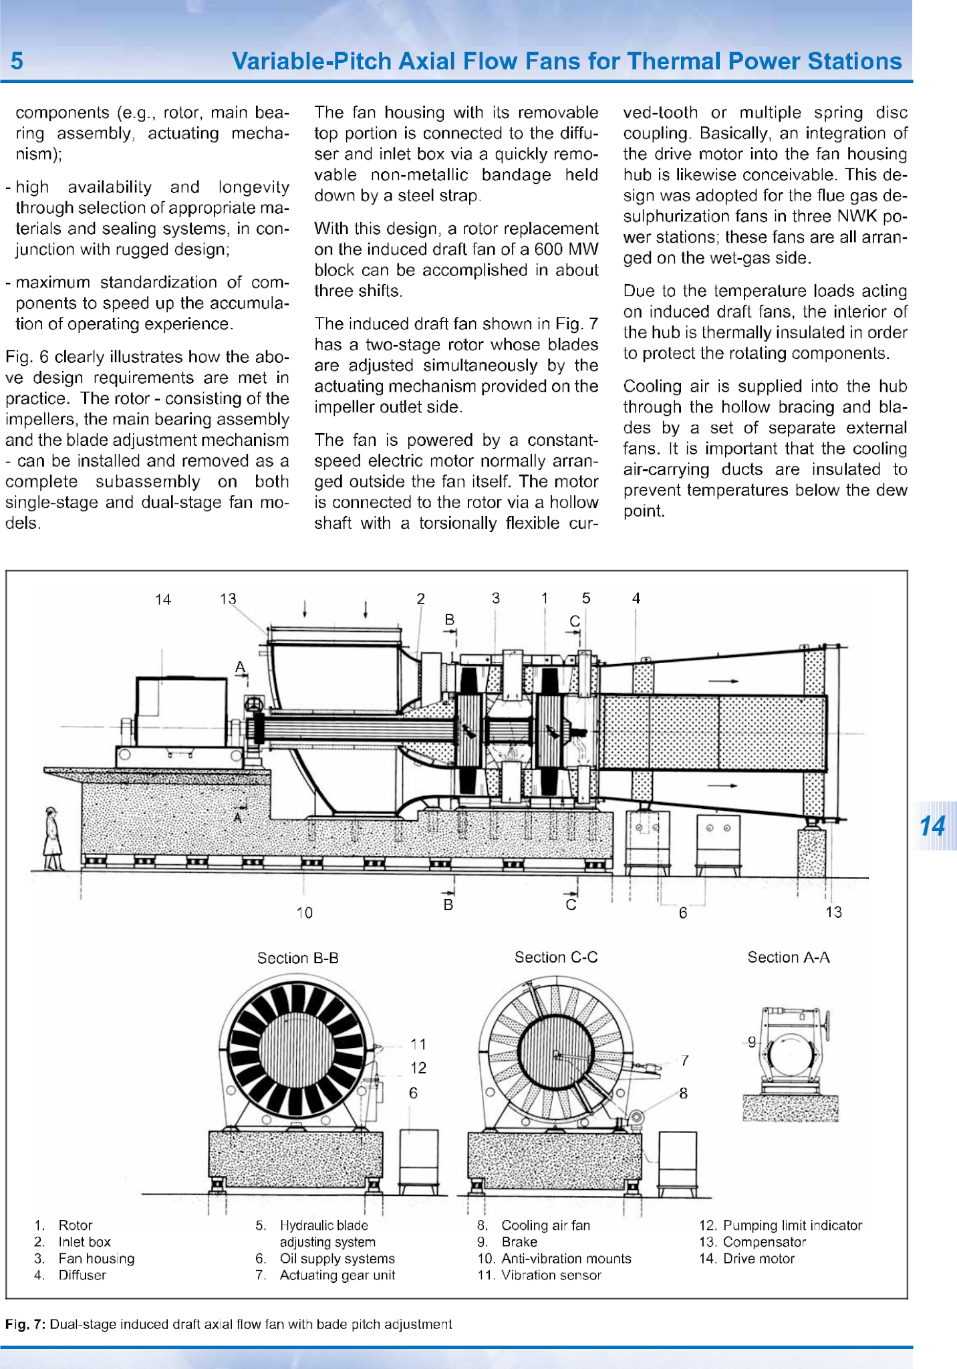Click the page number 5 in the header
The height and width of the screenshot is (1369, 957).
point(17,61)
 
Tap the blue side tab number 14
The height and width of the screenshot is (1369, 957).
point(932,826)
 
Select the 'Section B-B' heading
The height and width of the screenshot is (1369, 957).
point(298,958)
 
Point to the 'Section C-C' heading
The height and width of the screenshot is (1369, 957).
point(556,957)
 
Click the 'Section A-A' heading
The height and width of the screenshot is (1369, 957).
point(789,957)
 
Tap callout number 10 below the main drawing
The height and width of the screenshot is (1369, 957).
point(305,912)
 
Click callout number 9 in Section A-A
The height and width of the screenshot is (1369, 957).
point(752,1041)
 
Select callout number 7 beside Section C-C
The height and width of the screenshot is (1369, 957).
point(685,1060)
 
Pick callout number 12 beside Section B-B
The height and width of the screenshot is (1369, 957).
point(418,1068)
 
